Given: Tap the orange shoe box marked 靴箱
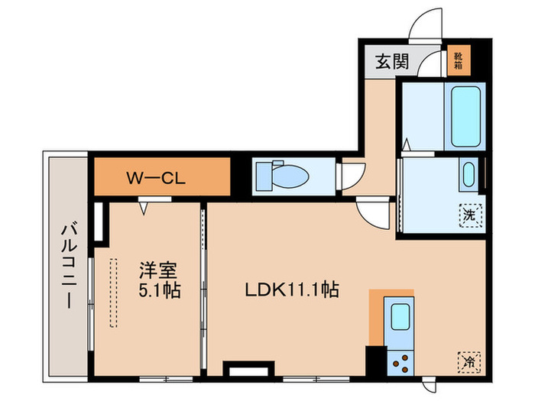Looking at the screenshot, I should (x=458, y=60).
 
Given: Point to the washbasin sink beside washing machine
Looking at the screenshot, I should (x=469, y=176).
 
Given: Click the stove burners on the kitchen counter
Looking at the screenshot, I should (x=400, y=359).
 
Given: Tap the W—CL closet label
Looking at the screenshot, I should (x=159, y=178).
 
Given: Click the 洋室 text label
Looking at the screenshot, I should (x=158, y=270).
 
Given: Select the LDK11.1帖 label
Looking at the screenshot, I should (x=291, y=290).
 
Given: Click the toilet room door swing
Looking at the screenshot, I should (x=352, y=176).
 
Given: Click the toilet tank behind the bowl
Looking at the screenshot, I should (x=262, y=176).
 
